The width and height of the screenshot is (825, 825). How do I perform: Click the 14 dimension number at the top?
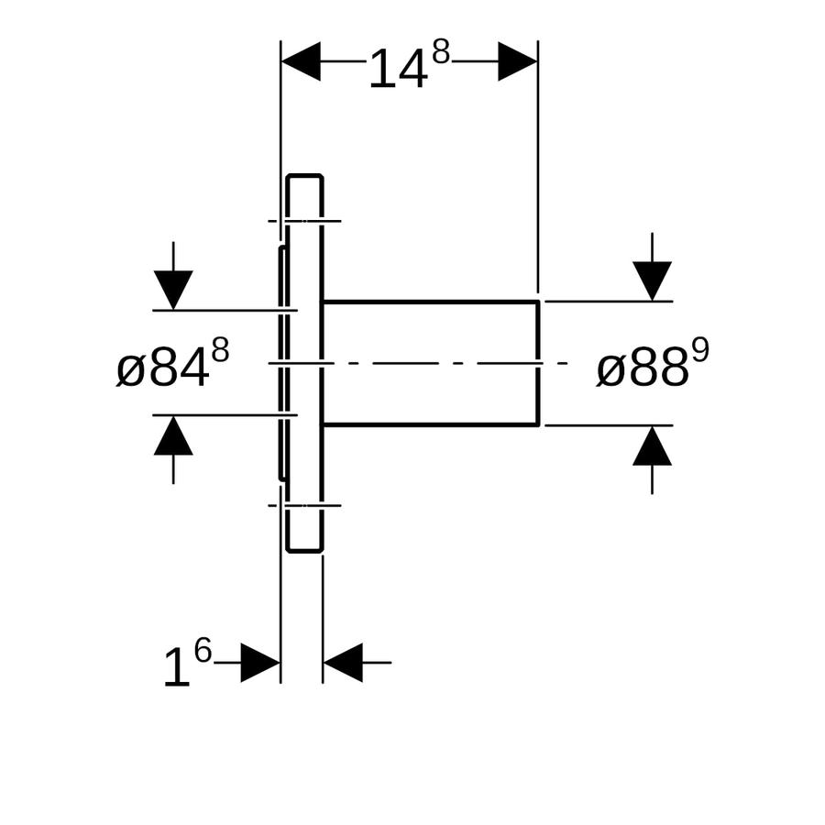coord(398,69)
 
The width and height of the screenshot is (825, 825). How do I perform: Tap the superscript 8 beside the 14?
coord(442,52)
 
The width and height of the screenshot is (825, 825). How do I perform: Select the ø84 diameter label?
coord(162,370)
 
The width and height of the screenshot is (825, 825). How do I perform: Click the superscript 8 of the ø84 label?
coord(220,350)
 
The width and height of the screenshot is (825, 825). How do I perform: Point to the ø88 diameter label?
coord(643,370)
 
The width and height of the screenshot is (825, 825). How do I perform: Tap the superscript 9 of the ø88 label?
coord(700,350)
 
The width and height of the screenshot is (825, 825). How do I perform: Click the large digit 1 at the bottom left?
coord(177,667)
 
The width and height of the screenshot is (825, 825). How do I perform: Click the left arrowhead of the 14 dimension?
coord(301,61)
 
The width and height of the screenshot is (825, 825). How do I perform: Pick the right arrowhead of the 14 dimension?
coord(518,61)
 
